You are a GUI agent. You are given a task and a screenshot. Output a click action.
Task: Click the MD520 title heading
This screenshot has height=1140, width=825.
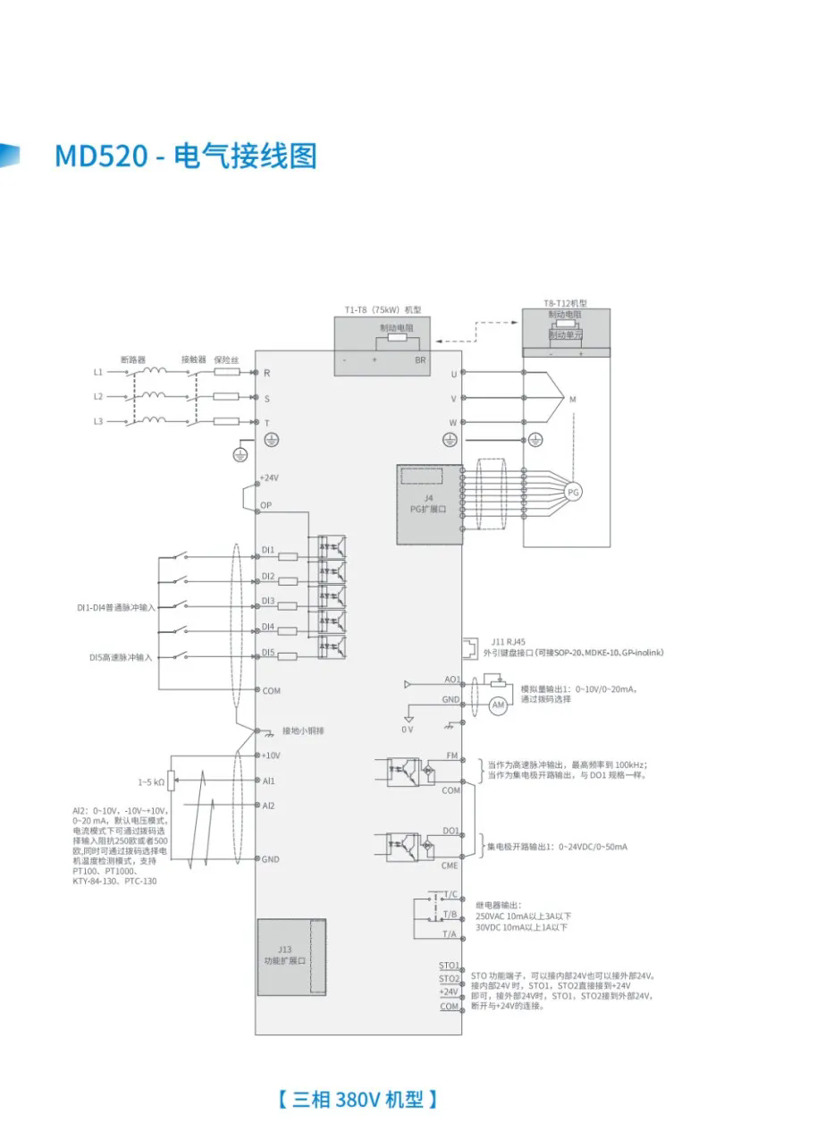pyautogui.click(x=186, y=156)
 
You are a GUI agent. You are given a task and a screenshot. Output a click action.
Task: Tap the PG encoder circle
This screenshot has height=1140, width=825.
pyautogui.click(x=573, y=492)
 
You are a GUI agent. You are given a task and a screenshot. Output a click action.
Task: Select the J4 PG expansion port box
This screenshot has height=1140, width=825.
pyautogui.click(x=429, y=504)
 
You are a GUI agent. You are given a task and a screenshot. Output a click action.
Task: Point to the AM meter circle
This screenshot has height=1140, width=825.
pyautogui.click(x=499, y=705)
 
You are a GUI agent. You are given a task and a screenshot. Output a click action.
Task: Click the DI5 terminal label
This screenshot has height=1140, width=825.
pyautogui.click(x=268, y=653)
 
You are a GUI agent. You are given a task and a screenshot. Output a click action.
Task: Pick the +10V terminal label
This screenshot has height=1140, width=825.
pyautogui.click(x=270, y=755)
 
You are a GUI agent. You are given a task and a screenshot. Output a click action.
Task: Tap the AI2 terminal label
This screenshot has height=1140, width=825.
pyautogui.click(x=268, y=806)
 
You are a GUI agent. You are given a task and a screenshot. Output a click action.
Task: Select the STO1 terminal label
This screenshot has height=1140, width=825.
pyautogui.click(x=449, y=966)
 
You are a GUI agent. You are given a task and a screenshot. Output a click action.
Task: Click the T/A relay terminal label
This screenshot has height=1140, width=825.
pyautogui.click(x=449, y=933)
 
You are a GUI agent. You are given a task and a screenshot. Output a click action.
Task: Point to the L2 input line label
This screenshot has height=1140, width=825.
pyautogui.click(x=98, y=395)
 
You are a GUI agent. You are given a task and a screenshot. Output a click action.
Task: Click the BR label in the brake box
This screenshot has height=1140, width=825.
pyautogui.click(x=420, y=360)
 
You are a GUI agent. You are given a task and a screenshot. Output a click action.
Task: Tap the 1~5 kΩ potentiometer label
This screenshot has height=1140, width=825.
pyautogui.click(x=151, y=781)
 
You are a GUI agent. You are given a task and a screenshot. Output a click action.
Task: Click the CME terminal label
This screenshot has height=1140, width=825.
pyautogui.click(x=450, y=866)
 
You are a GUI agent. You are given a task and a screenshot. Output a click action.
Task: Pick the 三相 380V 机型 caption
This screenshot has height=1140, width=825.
pyautogui.click(x=358, y=1099)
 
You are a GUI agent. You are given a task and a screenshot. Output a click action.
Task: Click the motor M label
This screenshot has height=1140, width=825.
pyautogui.click(x=573, y=401)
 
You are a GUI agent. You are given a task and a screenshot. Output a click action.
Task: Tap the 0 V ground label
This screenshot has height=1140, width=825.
pyautogui.click(x=408, y=730)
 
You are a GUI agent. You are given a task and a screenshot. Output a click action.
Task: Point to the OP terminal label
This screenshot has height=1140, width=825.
pyautogui.click(x=265, y=506)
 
